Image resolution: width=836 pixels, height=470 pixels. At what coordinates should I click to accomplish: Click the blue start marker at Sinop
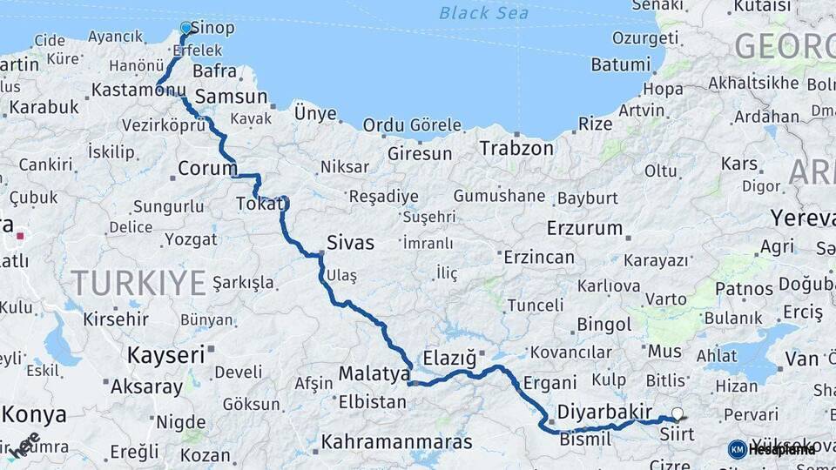(x=185, y=28)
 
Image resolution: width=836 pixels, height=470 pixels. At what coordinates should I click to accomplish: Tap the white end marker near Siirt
(x=678, y=414)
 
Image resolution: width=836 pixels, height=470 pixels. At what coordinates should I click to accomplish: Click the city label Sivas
(x=350, y=242)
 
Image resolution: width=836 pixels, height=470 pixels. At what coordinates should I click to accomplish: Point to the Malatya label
(x=374, y=374)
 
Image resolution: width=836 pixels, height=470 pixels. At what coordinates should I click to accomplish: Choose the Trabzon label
(x=516, y=149)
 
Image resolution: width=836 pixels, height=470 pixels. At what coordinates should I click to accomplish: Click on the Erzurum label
(x=585, y=229)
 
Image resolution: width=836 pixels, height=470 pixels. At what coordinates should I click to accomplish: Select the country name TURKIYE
(x=138, y=283)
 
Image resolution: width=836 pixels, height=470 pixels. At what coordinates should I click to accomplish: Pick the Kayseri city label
(x=165, y=354)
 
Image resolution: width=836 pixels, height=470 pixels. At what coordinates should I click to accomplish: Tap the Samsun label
(x=231, y=97)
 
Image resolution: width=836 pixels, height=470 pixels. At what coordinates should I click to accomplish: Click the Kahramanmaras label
(x=397, y=442)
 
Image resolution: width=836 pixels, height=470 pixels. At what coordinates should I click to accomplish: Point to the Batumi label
(x=621, y=64)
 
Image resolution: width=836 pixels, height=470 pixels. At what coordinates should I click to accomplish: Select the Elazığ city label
(x=450, y=358)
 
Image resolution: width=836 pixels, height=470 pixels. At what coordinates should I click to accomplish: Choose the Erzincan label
(x=539, y=258)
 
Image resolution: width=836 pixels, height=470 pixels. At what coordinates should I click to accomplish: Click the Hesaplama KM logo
(x=772, y=449)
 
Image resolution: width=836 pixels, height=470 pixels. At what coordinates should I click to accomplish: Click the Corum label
(x=207, y=168)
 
